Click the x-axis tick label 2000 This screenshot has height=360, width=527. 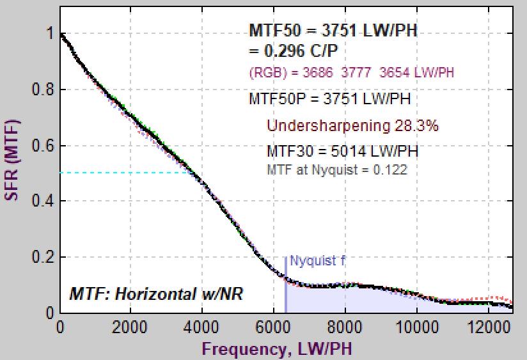coord(130,326)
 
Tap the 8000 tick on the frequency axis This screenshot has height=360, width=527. coord(345,326)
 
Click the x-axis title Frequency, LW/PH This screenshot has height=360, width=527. coord(277,348)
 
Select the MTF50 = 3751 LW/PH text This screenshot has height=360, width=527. coord(333,31)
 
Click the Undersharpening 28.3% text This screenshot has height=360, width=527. coord(352,125)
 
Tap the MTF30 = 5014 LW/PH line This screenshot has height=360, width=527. coord(342,152)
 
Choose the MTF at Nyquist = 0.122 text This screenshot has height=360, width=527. coord(336,169)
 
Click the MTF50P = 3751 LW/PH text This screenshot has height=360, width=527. coord(329,99)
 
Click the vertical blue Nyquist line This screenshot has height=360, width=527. coord(285,288)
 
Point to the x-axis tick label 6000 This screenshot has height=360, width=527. coord(274,326)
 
